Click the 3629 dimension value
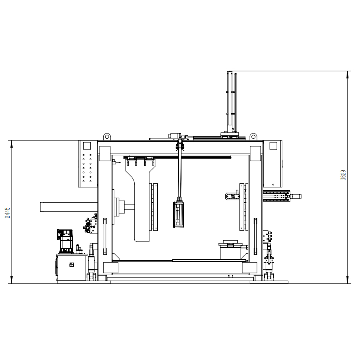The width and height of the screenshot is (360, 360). click(x=343, y=175)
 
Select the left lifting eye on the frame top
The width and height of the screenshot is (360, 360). click(x=107, y=136)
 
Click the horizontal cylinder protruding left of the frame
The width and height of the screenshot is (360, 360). click(x=69, y=207)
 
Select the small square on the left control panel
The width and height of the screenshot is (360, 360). click(x=87, y=146)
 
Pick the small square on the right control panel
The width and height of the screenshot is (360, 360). click(x=273, y=145)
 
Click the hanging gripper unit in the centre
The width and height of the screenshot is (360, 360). click(x=179, y=215)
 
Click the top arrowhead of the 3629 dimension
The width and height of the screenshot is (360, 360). click(x=348, y=73)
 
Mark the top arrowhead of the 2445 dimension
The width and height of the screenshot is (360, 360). click(x=12, y=143)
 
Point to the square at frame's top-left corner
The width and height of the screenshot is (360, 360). click(x=105, y=153)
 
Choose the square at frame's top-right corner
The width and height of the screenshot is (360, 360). click(x=255, y=153)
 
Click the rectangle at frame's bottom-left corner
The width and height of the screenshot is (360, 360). click(x=110, y=267)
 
